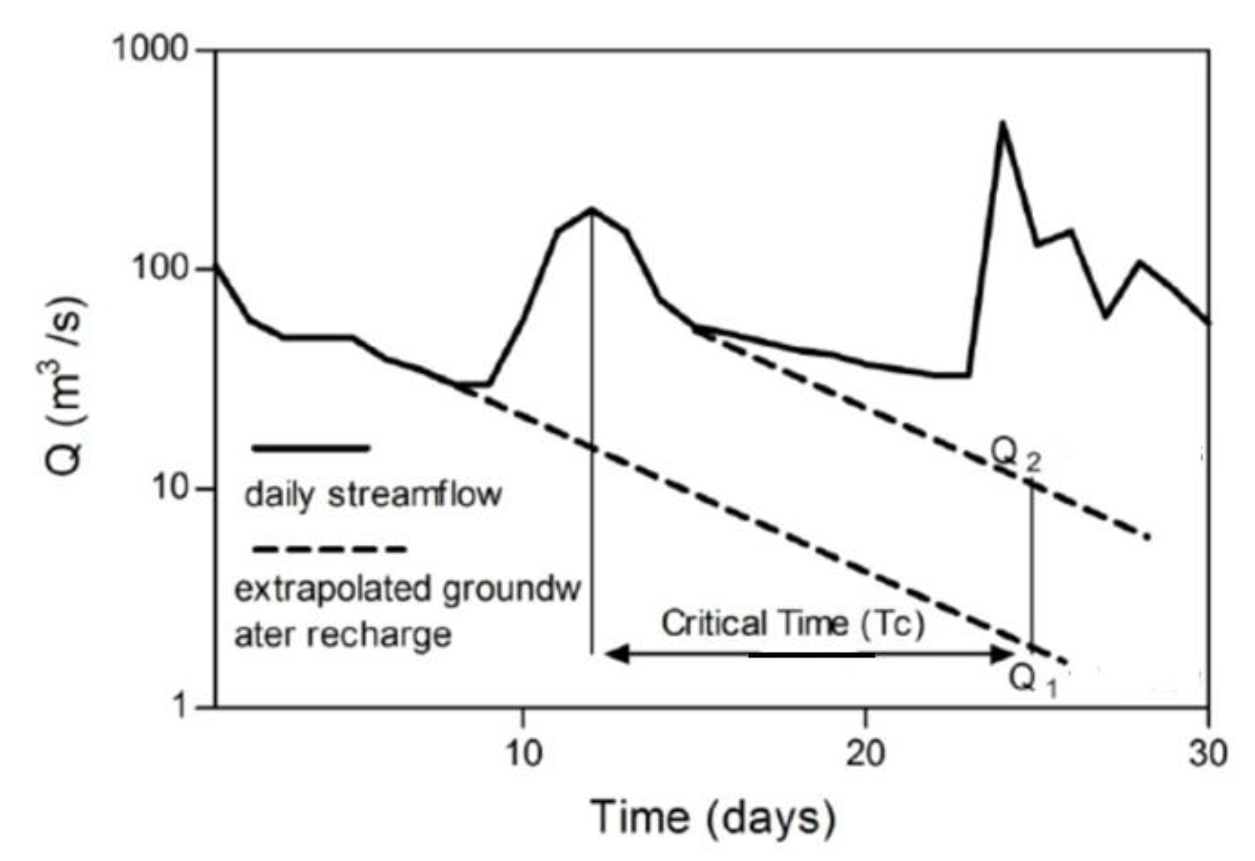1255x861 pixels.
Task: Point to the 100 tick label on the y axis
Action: (x=160, y=269)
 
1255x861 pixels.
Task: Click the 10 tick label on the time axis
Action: (x=522, y=753)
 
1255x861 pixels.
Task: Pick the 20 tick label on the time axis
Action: (x=865, y=753)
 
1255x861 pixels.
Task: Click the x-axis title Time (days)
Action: (x=713, y=817)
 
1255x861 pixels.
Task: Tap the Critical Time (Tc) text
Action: (x=794, y=623)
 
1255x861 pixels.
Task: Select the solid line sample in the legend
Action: (x=311, y=448)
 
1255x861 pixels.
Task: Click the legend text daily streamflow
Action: (x=373, y=494)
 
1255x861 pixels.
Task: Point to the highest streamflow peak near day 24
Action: (x=1002, y=123)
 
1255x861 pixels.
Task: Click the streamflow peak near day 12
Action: (x=592, y=209)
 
